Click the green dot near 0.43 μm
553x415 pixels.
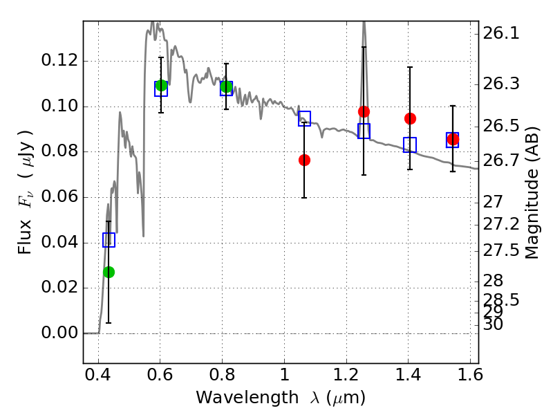coord(109,272)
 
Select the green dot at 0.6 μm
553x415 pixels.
coord(161,85)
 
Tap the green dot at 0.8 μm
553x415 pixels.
coord(226,86)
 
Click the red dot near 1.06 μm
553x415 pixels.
coord(304,160)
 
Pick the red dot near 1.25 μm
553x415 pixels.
coord(364,112)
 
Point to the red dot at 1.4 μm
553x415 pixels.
coord(410,118)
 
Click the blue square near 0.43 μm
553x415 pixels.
coord(109,240)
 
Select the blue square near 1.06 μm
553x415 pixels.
coord(304,118)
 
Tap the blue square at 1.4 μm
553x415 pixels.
coord(410,145)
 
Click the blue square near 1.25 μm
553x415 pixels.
coord(364,131)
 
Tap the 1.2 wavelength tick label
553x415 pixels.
coord(346,375)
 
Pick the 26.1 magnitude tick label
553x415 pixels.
coord(501,33)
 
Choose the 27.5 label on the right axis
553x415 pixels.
coord(501,250)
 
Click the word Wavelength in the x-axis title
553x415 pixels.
coord(247,398)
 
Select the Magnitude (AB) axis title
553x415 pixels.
coord(532,193)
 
